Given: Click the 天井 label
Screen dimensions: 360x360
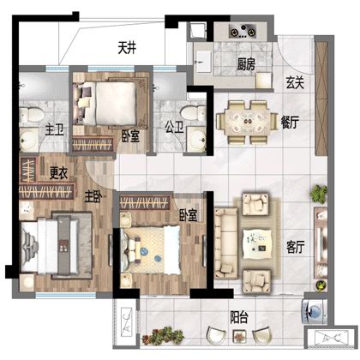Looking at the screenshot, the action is pyautogui.click(x=127, y=48).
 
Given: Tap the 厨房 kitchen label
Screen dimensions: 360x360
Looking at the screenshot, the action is pyautogui.click(x=246, y=64).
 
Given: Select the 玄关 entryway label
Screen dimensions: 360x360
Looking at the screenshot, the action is pyautogui.click(x=295, y=82).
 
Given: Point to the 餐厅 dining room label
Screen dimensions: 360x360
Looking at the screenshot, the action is pyautogui.click(x=290, y=123).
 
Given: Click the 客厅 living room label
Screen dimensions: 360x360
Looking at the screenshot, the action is pyautogui.click(x=296, y=247).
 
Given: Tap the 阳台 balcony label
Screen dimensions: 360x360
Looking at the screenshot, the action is pyautogui.click(x=239, y=317).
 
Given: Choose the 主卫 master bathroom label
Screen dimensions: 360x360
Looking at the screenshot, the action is pyautogui.click(x=55, y=130).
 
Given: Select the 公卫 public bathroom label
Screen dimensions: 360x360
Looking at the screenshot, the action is pyautogui.click(x=174, y=128).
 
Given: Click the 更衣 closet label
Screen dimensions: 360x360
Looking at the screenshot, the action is pyautogui.click(x=58, y=173).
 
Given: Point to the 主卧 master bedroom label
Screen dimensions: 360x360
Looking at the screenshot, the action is pyautogui.click(x=93, y=197).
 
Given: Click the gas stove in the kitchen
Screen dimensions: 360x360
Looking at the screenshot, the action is pyautogui.click(x=243, y=31).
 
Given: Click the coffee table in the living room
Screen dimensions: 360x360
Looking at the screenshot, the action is pyautogui.click(x=257, y=243).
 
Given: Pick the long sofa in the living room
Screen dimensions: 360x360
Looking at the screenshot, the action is pyautogui.click(x=226, y=243).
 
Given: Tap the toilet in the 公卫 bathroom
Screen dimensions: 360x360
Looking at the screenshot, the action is pyautogui.click(x=194, y=114).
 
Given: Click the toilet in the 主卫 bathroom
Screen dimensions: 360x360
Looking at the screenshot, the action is pyautogui.click(x=32, y=115).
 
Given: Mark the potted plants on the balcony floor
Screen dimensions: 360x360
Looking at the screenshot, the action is pyautogui.click(x=163, y=336).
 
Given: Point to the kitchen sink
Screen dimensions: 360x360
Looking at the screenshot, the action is pyautogui.click(x=203, y=62).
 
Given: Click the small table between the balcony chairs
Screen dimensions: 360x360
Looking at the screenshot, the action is pyautogui.click(x=239, y=336).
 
